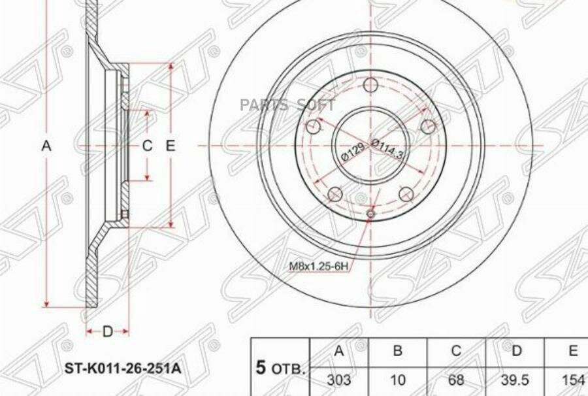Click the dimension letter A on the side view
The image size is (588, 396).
coord(46,146)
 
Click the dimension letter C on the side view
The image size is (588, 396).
coord(148,146)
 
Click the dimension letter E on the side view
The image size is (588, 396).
coord(171,146)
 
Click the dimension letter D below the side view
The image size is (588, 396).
coord(107,332)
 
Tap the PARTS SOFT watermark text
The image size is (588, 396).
coord(287,105)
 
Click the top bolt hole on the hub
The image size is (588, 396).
coord(370,86)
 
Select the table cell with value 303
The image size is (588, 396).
coord(338,380)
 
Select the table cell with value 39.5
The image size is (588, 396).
coord(516,380)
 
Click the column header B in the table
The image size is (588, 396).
coord(397,352)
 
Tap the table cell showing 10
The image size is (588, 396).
coord(397,380)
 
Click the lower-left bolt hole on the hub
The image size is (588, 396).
coord(335,193)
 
